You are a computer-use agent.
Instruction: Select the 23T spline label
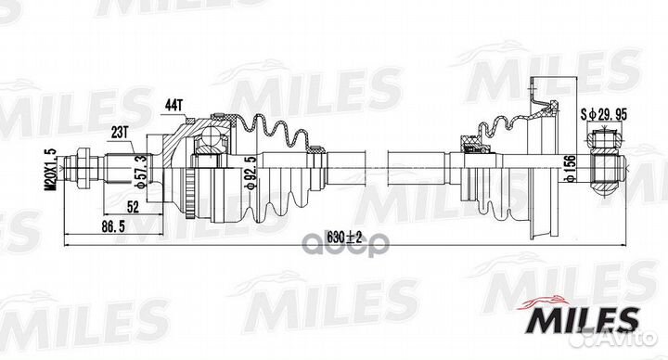point(119,133)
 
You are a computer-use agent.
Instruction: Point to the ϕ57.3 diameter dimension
point(143,172)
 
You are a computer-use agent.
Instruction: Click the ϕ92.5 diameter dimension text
point(252,173)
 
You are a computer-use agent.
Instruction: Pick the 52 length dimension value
point(133,207)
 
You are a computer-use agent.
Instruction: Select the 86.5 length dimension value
point(113,227)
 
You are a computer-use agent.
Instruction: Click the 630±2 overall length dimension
point(344,238)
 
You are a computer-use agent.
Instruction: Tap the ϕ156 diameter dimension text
point(572,168)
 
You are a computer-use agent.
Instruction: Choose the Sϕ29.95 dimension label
point(604,114)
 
